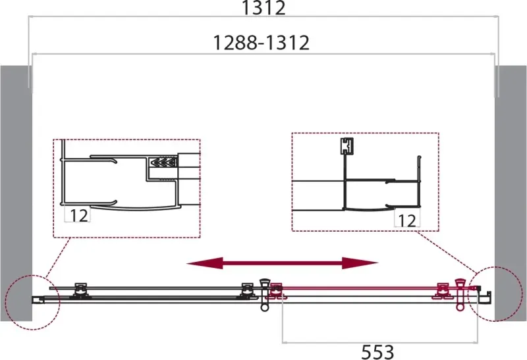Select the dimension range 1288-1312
click(262, 43)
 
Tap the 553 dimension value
click(377, 352)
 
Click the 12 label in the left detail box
click(79, 215)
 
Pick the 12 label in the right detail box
click(407, 220)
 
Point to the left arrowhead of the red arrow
click(205, 263)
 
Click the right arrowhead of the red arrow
click(360, 263)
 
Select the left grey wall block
click(16, 193)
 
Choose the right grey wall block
click(511, 193)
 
